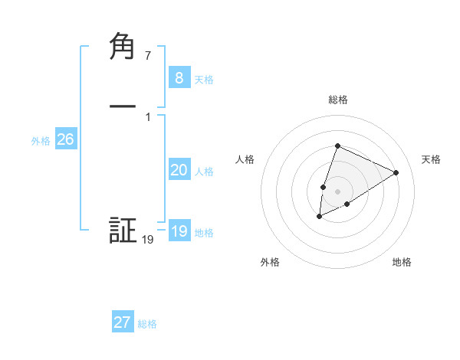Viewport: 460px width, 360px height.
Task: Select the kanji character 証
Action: pyautogui.click(x=123, y=231)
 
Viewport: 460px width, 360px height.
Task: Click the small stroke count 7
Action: pyautogui.click(x=148, y=56)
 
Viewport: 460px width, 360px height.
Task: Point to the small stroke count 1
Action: pyautogui.click(x=148, y=117)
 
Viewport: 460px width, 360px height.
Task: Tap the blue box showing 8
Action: pyautogui.click(x=179, y=77)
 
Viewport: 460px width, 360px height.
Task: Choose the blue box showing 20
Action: pyautogui.click(x=179, y=170)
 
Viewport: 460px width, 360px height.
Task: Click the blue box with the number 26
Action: pyautogui.click(x=65, y=139)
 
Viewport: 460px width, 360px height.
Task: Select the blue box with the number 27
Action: pyautogui.click(x=123, y=322)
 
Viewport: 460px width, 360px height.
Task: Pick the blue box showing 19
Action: pyautogui.click(x=179, y=231)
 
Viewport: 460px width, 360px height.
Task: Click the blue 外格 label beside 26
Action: pyautogui.click(x=41, y=141)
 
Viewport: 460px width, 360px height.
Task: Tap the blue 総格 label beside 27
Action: pyautogui.click(x=147, y=324)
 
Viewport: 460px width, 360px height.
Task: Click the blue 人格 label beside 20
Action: pyautogui.click(x=205, y=172)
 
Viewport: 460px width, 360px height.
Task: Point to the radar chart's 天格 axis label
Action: pyautogui.click(x=431, y=159)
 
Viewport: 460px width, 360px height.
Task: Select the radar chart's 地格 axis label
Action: pyautogui.click(x=402, y=262)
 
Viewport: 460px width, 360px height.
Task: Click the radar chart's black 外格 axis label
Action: pyautogui.click(x=270, y=262)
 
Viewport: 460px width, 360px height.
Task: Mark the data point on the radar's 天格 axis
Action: pyautogui.click(x=396, y=172)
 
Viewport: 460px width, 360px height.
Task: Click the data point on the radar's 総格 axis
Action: pyautogui.click(x=337, y=146)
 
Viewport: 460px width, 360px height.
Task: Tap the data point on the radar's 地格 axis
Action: pyautogui.click(x=347, y=204)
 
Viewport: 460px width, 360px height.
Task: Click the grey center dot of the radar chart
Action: pyautogui.click(x=337, y=191)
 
